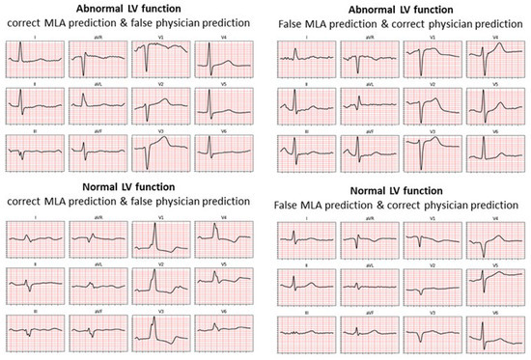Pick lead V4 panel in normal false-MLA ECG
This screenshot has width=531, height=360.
pyautogui.click(x=491, y=240)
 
